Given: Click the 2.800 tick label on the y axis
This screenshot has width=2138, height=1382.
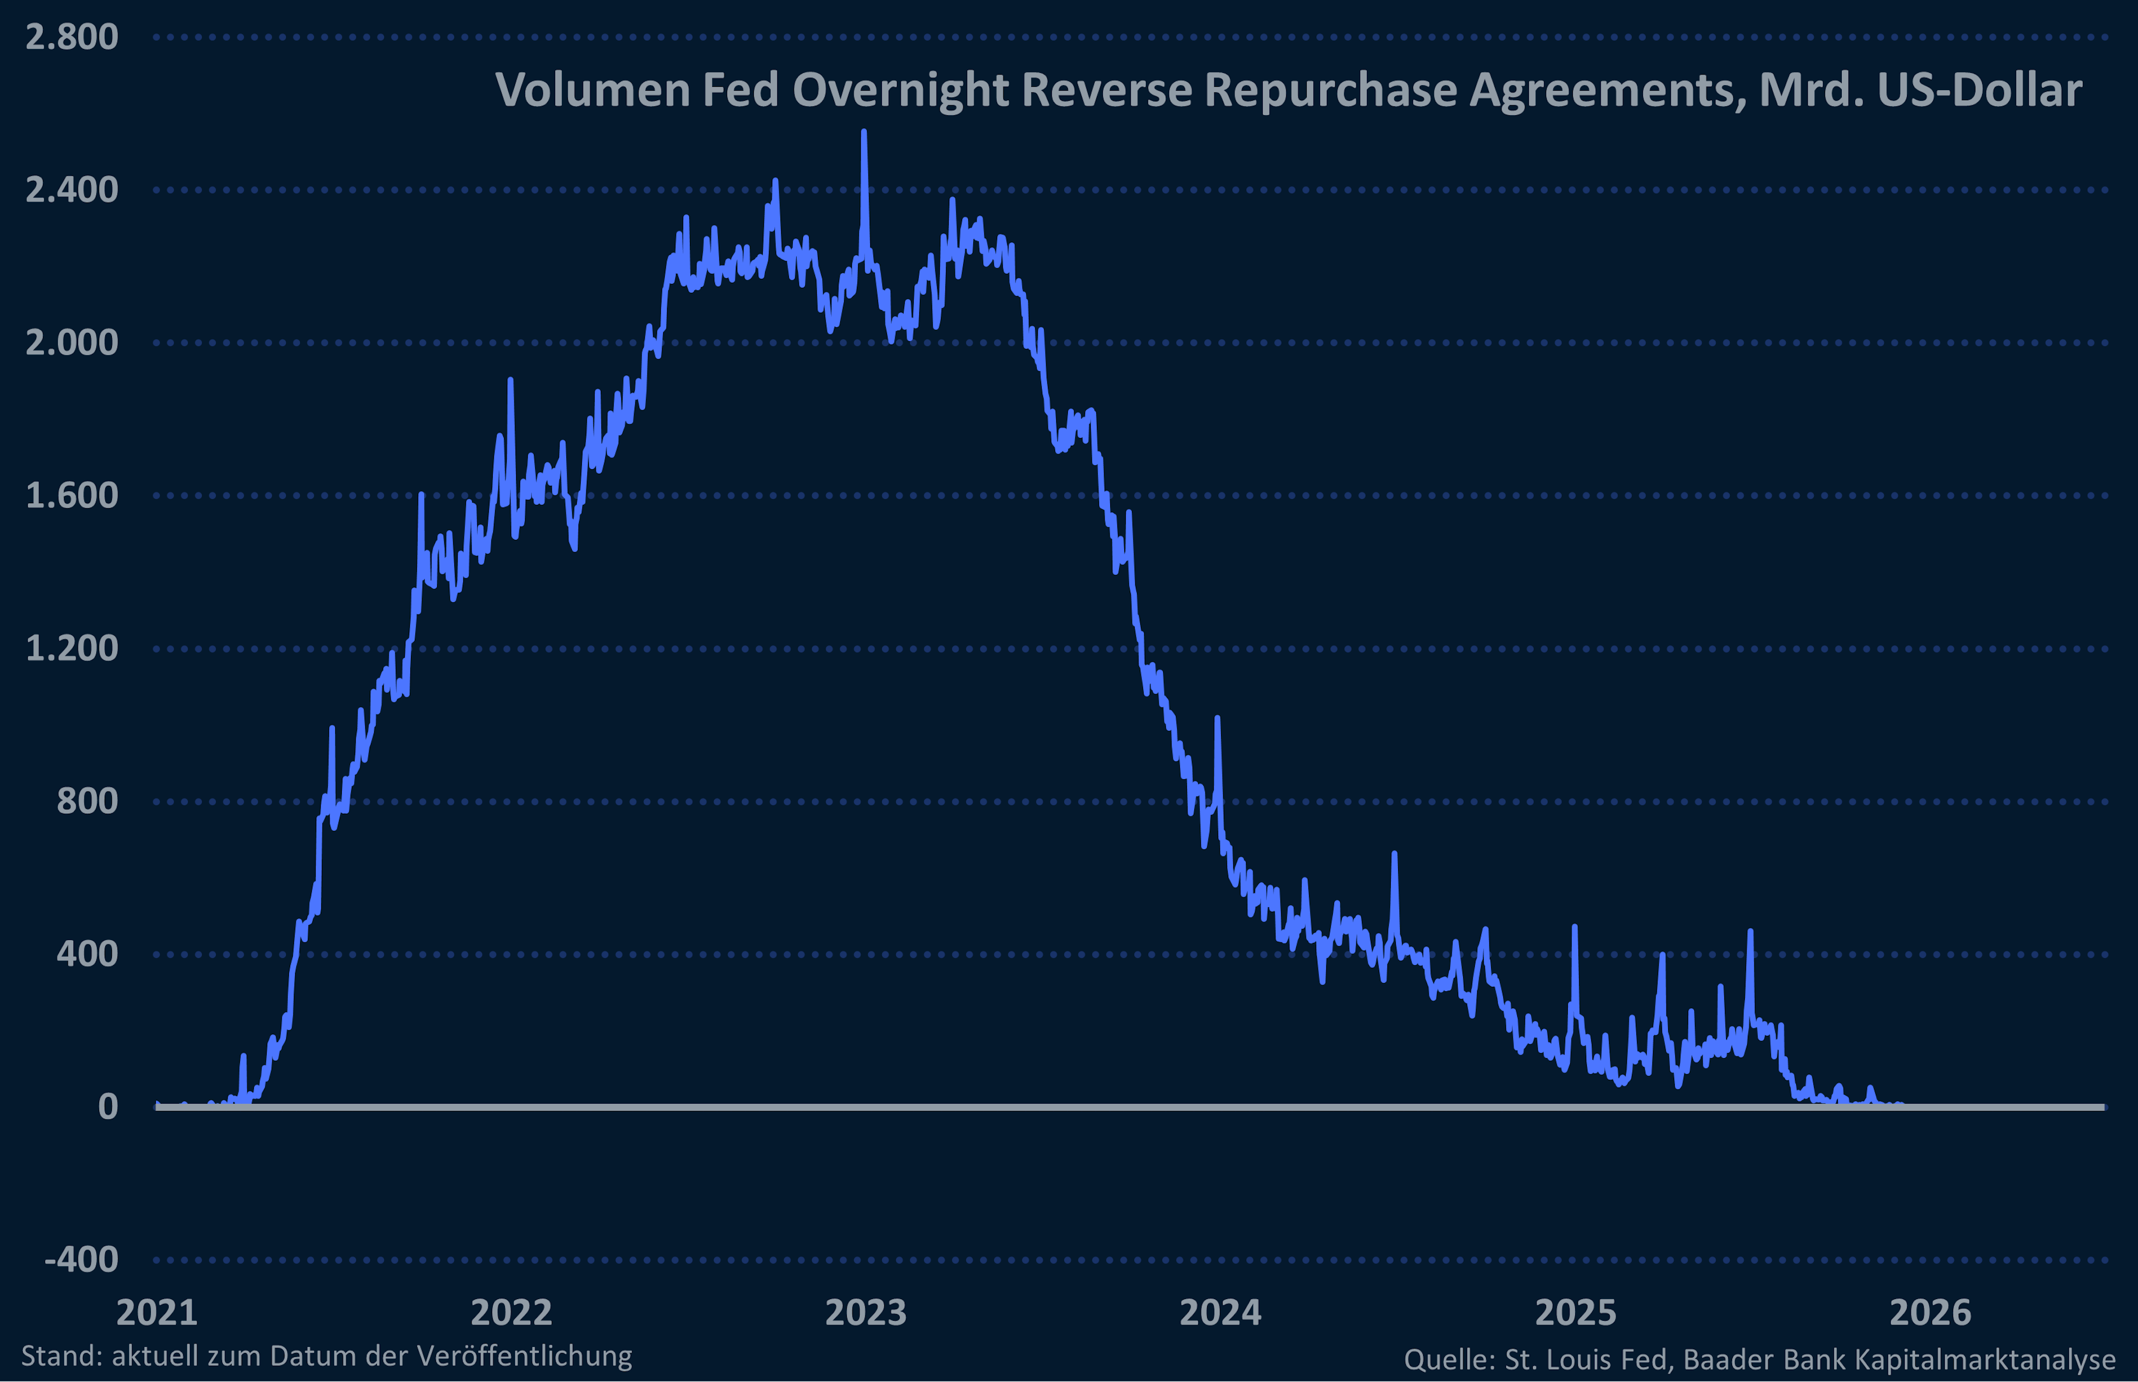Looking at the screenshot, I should pos(72,37).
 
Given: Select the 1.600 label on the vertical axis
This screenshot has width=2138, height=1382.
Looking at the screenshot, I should pos(72,495).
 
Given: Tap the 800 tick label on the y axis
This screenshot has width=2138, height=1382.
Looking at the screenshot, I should pos(87,800).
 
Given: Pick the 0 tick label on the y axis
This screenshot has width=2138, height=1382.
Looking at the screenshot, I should pos(107,1106).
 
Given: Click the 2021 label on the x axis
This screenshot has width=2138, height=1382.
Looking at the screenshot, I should pos(157,1312).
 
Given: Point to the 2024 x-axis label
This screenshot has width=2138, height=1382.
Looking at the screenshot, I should pos(1220,1312).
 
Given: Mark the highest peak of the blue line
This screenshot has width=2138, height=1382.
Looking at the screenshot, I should pos(864,131).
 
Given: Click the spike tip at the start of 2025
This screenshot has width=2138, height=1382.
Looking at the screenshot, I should pos(1575,926).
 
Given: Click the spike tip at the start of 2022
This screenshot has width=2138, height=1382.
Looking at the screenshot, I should pos(510,380).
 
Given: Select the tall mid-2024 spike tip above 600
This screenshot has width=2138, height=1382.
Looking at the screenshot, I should pos(1394,853).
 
